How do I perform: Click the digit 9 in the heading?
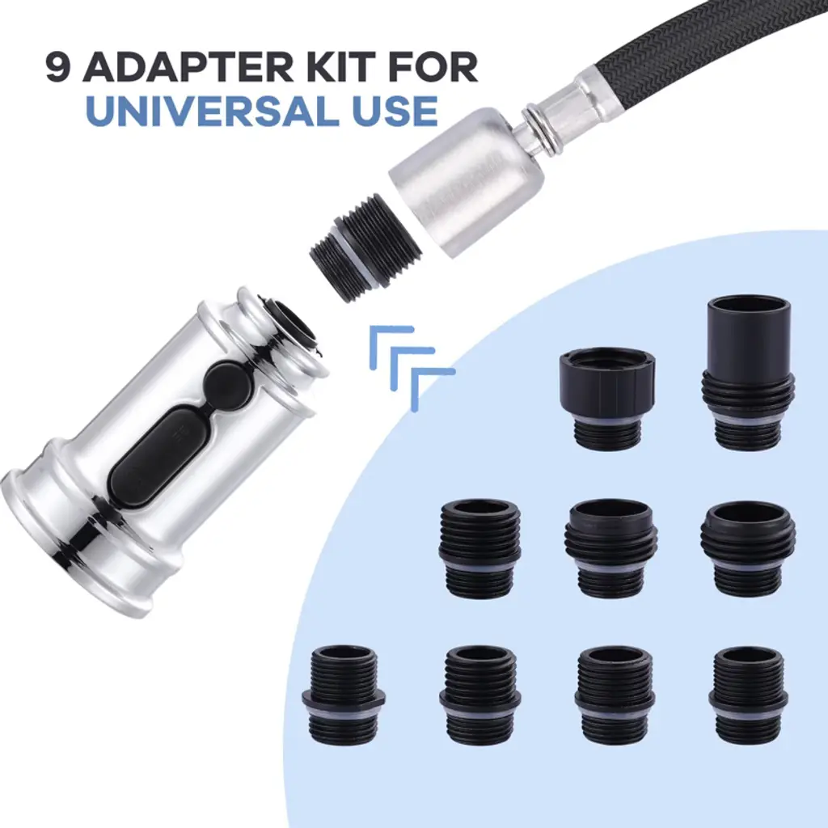58,67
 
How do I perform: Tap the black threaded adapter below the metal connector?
365,248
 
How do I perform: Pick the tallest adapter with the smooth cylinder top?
748,373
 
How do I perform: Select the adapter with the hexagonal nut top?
606,398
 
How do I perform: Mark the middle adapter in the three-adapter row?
610,548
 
